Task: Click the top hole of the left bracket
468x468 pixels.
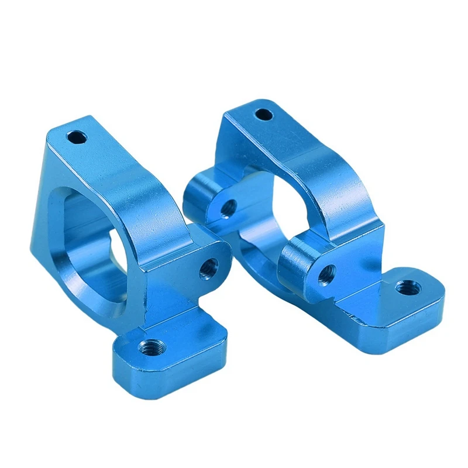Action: click(x=76, y=138)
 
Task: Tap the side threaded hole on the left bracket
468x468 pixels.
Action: click(x=208, y=268)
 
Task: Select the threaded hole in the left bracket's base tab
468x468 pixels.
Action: click(x=151, y=347)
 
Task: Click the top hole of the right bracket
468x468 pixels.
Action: click(x=264, y=114)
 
